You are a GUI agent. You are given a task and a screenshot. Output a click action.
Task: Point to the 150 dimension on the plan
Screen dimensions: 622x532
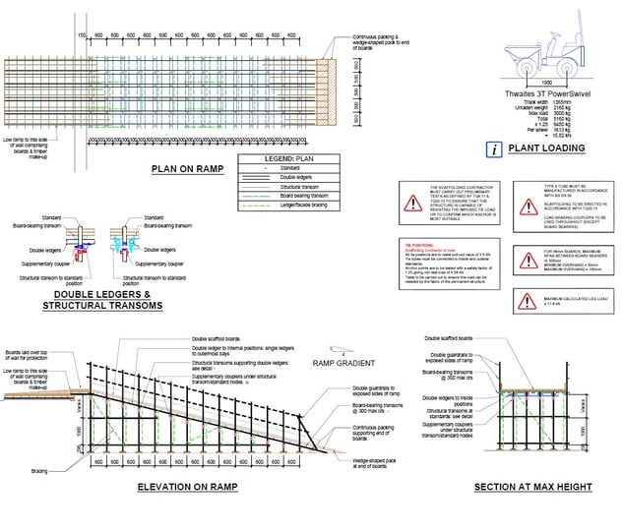(x=83, y=34)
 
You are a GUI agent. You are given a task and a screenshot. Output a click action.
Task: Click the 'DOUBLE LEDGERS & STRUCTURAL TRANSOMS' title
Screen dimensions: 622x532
(x=94, y=300)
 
